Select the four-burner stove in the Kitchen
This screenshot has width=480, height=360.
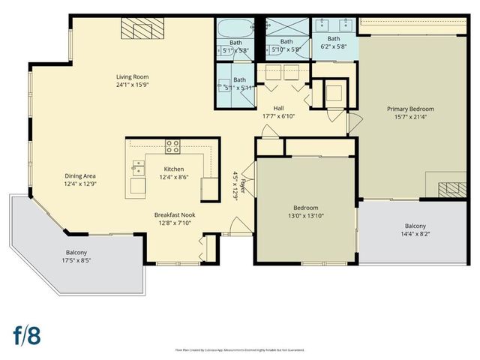tap(172, 147)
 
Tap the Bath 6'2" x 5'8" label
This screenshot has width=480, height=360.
tap(333, 43)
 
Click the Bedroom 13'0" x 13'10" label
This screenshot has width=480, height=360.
tap(305, 211)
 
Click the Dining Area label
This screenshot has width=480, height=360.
tap(80, 180)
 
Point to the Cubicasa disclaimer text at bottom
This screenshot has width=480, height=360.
tap(240, 349)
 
